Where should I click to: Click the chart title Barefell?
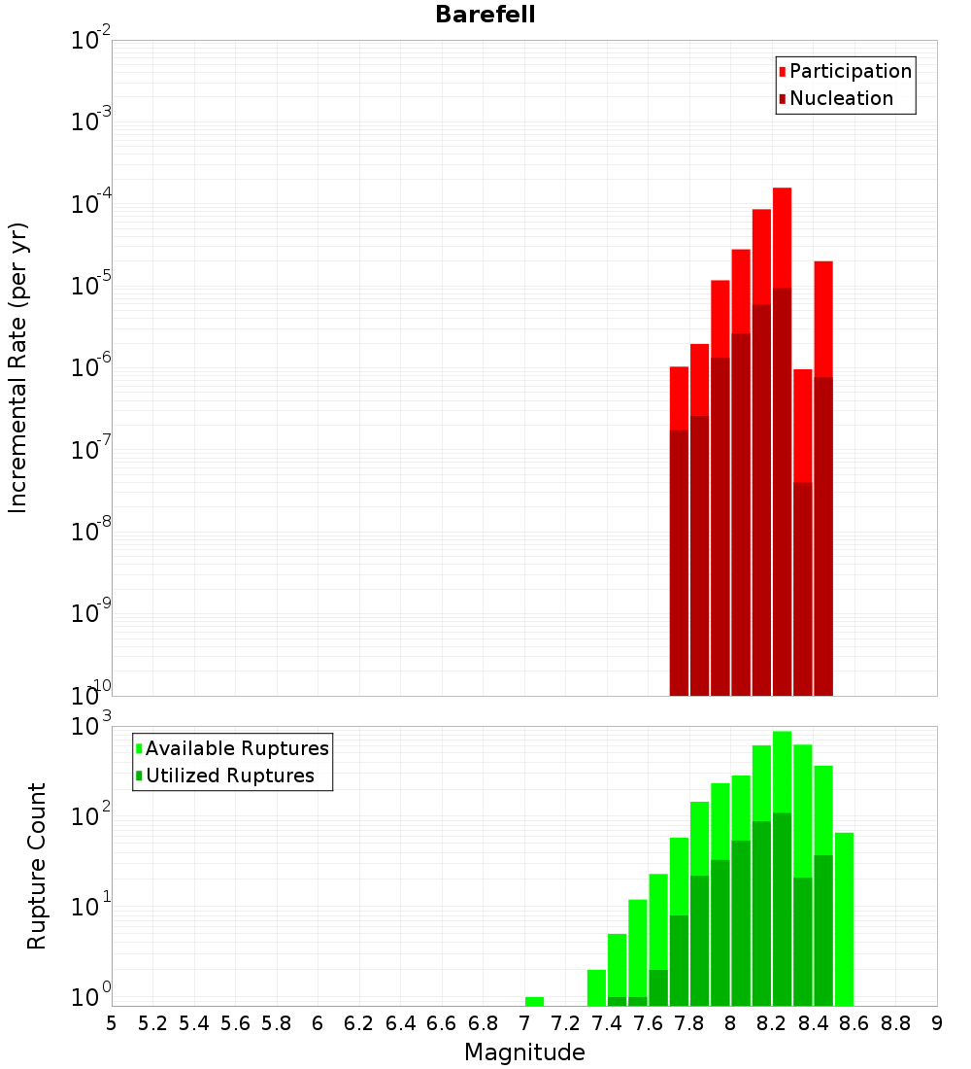pyautogui.click(x=485, y=15)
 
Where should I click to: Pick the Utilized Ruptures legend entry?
pyautogui.click(x=229, y=776)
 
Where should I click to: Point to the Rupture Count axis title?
pyautogui.click(x=37, y=866)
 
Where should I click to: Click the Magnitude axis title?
pyautogui.click(x=524, y=1052)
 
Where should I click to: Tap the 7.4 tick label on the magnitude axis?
pyautogui.click(x=607, y=1022)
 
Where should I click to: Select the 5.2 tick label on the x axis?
pyautogui.click(x=152, y=1022)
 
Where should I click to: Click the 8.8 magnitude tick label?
pyautogui.click(x=895, y=1022)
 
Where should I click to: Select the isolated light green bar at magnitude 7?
pyautogui.click(x=534, y=1001)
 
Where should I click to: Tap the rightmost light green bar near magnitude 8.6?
pyautogui.click(x=844, y=918)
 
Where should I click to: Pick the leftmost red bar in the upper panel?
pyautogui.click(x=679, y=398)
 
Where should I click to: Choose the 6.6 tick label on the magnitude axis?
pyautogui.click(x=442, y=1022)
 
